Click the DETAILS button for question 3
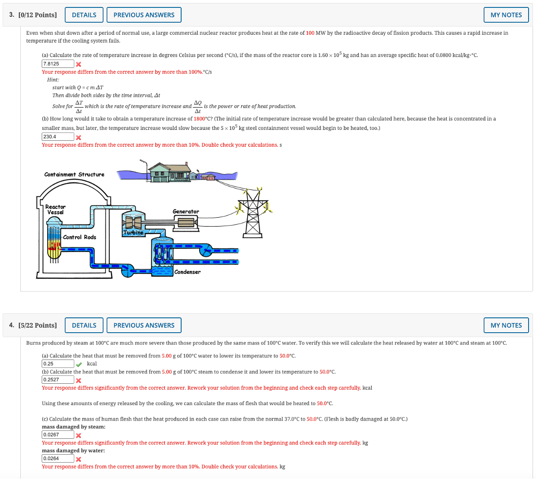(84, 15)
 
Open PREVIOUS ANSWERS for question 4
(144, 325)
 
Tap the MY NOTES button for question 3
(506, 15)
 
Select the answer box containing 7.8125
(58, 64)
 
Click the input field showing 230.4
(58, 137)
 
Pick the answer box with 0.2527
(58, 379)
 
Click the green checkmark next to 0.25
(79, 364)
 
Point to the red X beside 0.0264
(78, 459)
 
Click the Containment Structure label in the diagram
(74, 175)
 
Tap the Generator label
(186, 212)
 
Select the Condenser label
(187, 272)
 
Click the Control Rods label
(79, 237)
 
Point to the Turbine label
(134, 233)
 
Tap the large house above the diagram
(170, 172)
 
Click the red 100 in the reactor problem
(310, 33)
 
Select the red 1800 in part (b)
(200, 119)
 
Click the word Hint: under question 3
(53, 80)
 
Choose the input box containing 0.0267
(58, 434)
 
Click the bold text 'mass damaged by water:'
(73, 451)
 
